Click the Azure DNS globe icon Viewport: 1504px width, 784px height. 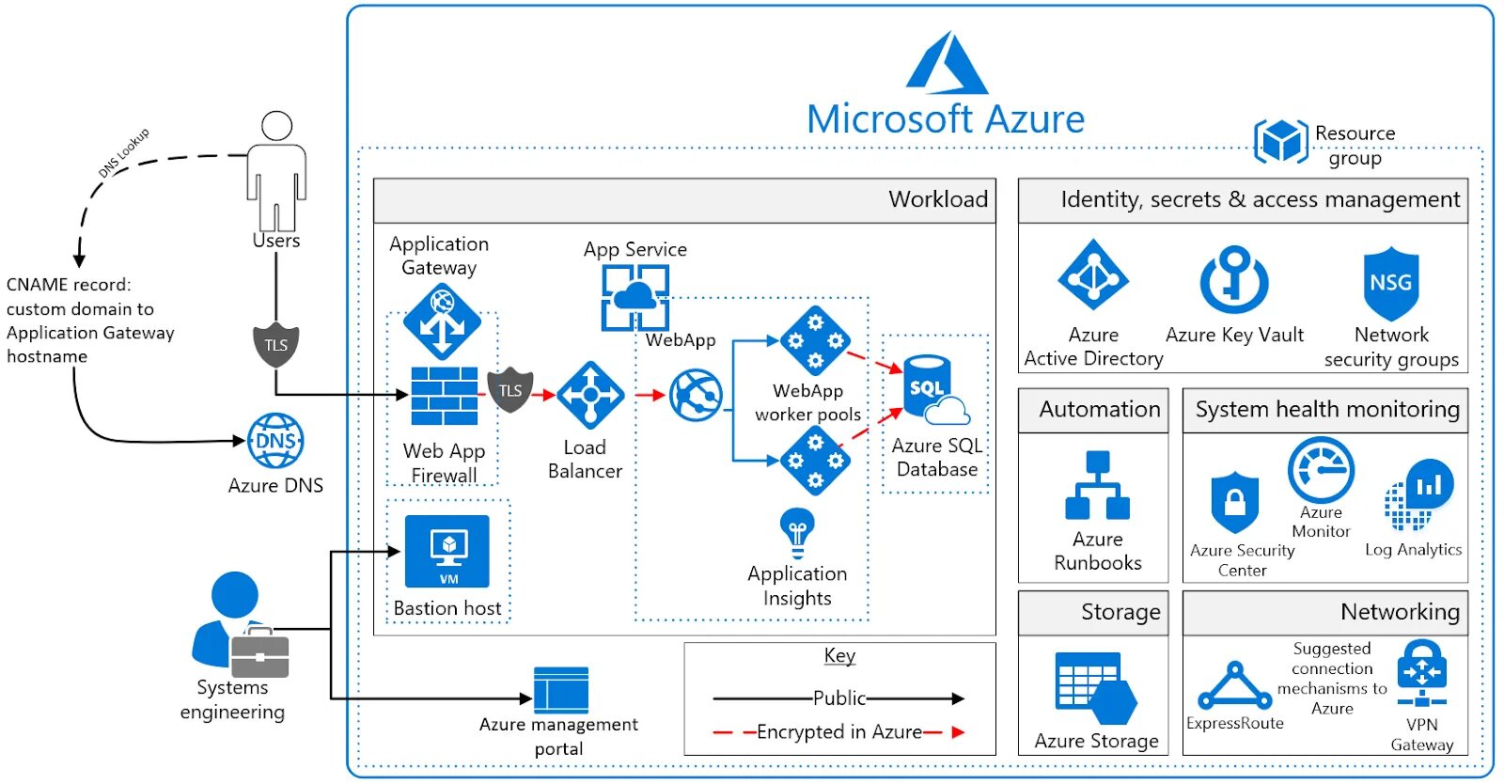coord(275,441)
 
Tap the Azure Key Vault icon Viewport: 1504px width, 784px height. coord(1234,280)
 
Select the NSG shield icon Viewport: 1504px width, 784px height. coord(1391,283)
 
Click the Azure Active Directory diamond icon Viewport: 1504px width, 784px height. coord(1093,274)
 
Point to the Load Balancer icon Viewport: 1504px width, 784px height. coord(590,396)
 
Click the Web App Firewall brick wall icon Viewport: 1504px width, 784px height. coord(445,396)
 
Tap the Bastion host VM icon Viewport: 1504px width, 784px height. coord(447,551)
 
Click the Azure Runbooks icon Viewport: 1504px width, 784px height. coord(1098,485)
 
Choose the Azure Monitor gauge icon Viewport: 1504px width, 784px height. coord(1321,470)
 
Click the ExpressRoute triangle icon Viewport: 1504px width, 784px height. coord(1235,685)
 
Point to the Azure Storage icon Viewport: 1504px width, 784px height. coord(1096,689)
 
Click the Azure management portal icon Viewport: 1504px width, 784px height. coord(561,690)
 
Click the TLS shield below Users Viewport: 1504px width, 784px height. coord(276,345)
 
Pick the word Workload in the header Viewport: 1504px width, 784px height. coord(938,199)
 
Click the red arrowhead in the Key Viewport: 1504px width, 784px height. coord(959,732)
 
